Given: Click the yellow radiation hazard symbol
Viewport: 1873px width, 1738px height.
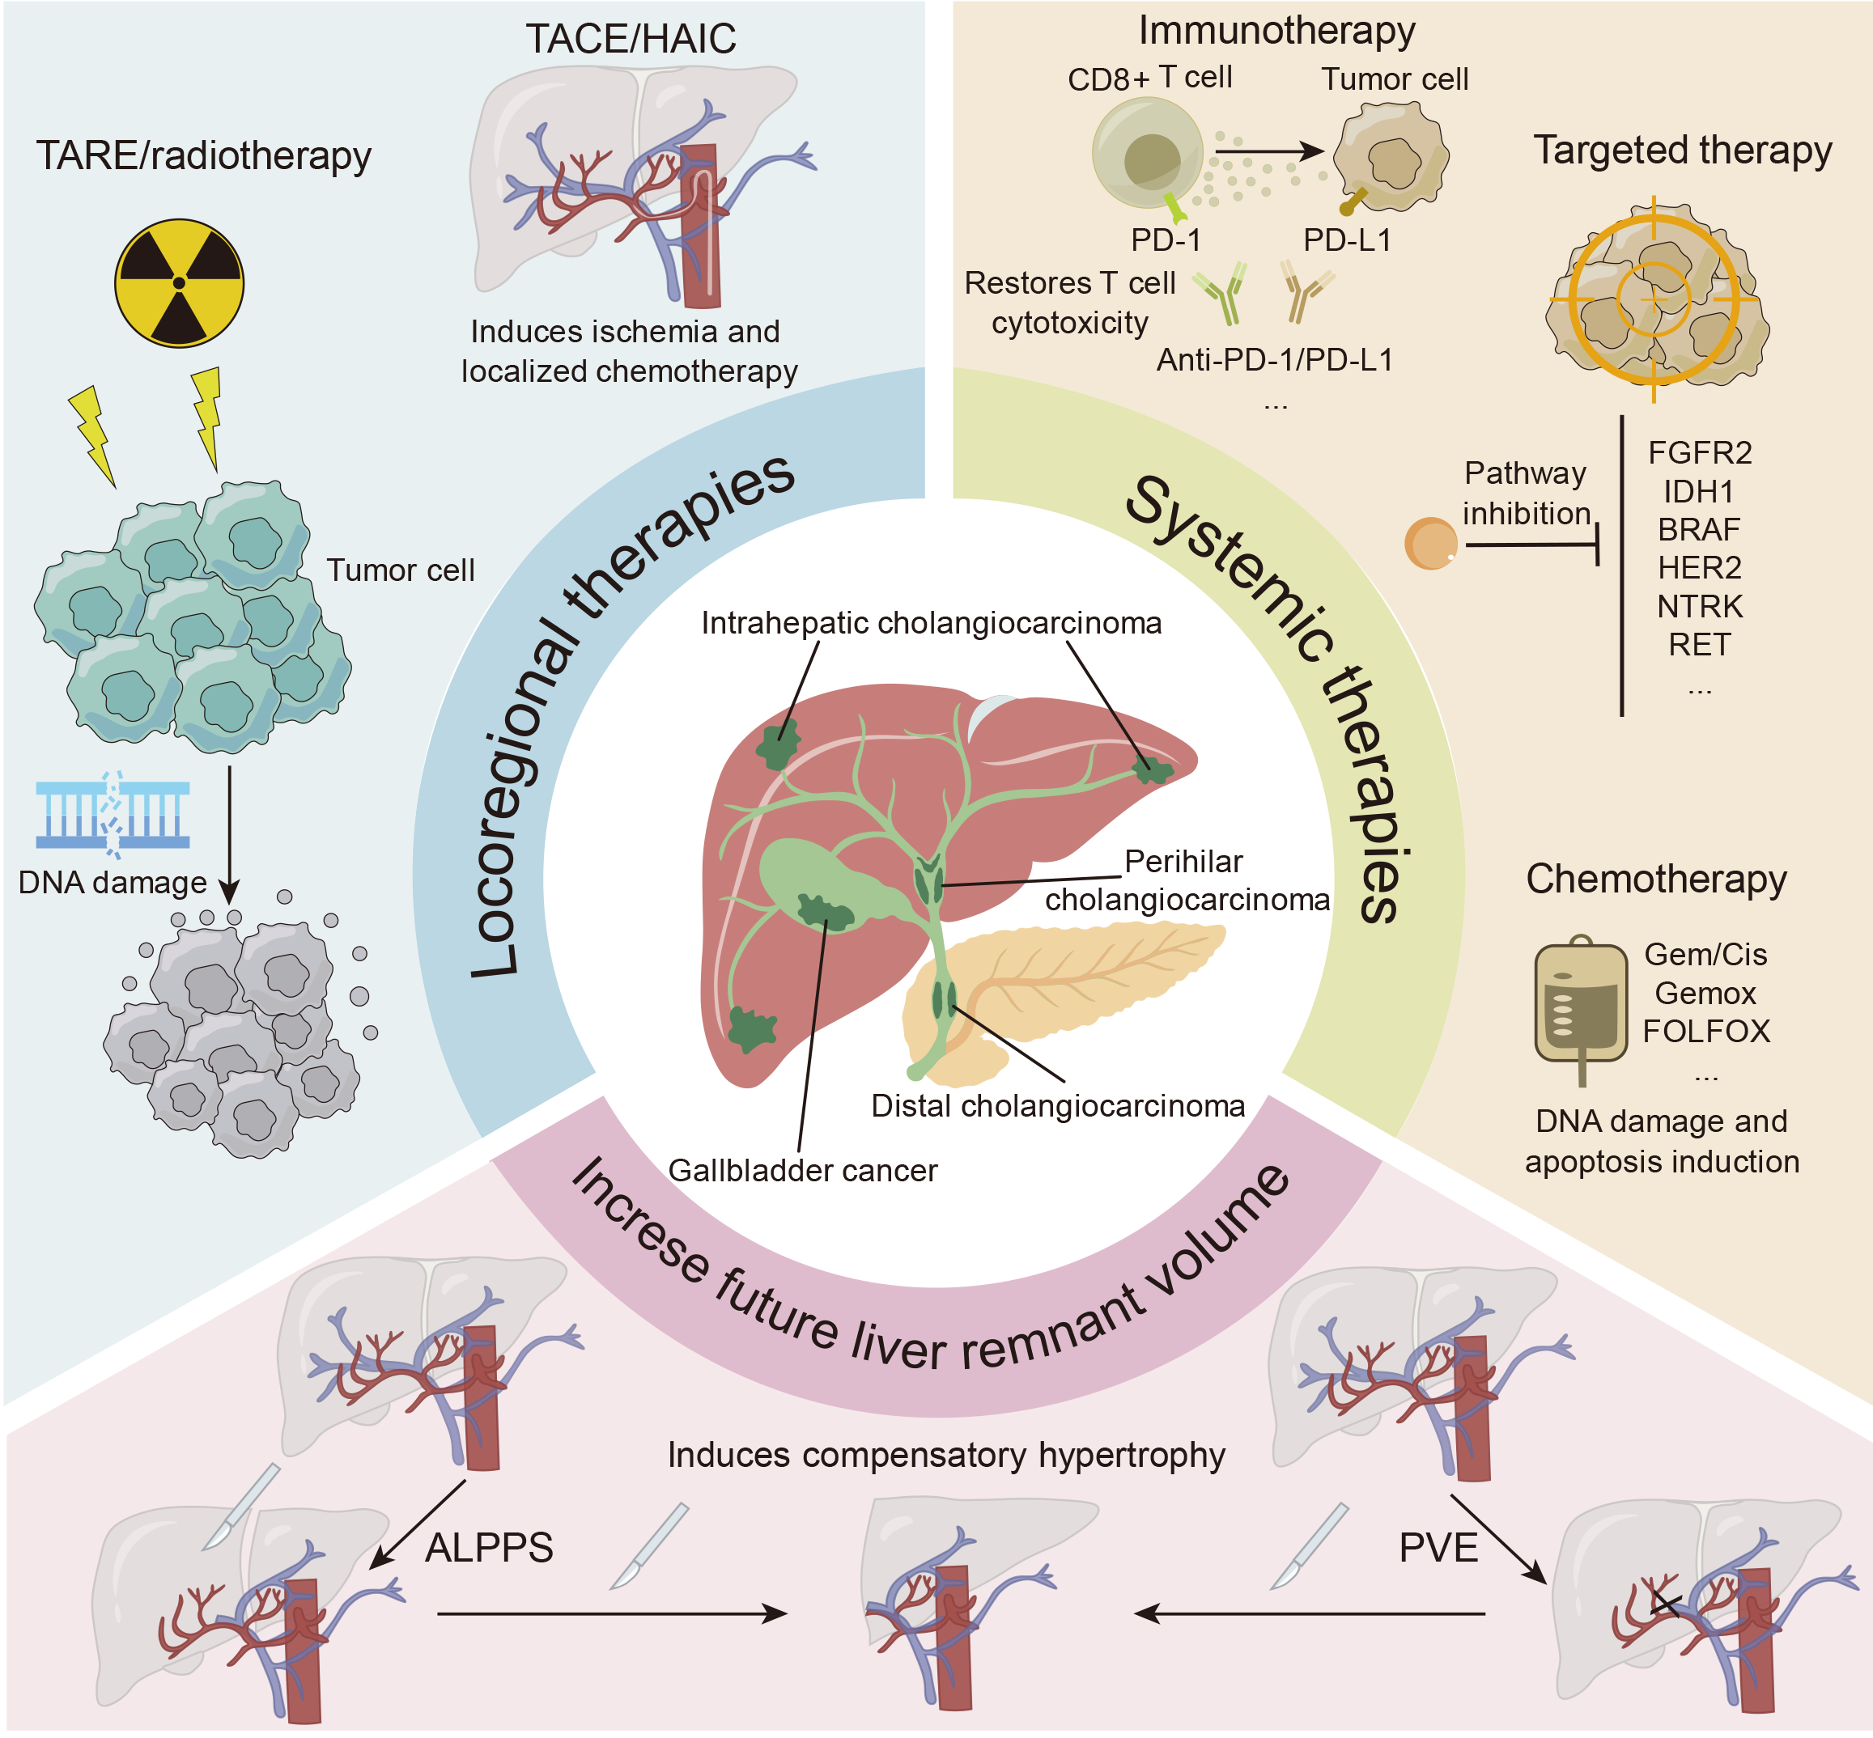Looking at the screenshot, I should click(x=179, y=282).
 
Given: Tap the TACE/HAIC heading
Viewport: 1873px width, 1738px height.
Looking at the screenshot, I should click(x=631, y=39).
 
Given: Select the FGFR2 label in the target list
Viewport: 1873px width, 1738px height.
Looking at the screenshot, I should click(x=1699, y=452).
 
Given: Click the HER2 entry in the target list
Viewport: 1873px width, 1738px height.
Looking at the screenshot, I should click(x=1699, y=567).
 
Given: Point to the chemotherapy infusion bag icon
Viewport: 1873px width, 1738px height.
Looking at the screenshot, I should click(x=1581, y=1004).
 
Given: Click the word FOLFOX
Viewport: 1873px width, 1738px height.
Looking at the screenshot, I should click(x=1705, y=1031).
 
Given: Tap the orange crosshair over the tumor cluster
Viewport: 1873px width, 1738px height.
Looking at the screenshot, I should click(x=1654, y=299).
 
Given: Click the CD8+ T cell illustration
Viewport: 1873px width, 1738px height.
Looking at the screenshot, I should click(x=1148, y=153).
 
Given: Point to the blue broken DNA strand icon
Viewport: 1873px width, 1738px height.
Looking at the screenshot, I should click(x=113, y=815).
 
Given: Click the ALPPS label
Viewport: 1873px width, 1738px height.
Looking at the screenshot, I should click(x=489, y=1547).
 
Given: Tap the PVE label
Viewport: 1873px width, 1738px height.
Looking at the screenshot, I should click(x=1438, y=1547).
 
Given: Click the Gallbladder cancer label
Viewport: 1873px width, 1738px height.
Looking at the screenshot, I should click(x=802, y=1170).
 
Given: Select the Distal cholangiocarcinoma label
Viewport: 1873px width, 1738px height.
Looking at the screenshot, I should click(x=1057, y=1105).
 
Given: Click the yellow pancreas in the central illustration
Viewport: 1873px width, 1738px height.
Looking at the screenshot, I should click(x=1082, y=978).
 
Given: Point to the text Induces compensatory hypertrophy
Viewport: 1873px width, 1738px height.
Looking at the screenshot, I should click(x=945, y=1454).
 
